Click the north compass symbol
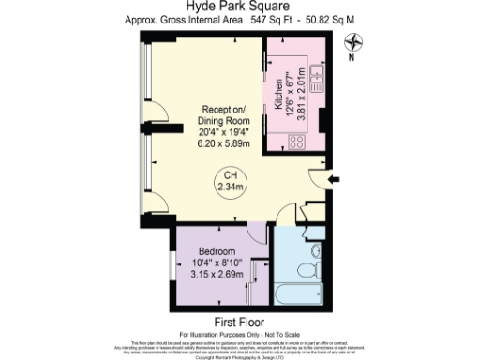352,41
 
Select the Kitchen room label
278,95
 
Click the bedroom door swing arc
254,234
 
